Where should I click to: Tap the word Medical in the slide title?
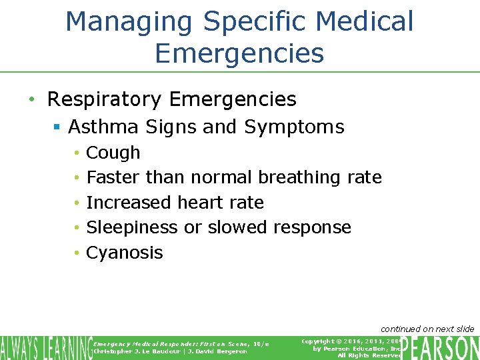pos(365,21)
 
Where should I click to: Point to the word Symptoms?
pos(294,127)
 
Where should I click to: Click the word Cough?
pos(113,153)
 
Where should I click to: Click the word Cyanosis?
pos(125,253)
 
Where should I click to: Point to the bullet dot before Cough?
pos(77,153)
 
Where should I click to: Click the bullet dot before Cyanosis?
pos(77,253)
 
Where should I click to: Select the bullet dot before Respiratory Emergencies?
pos(31,100)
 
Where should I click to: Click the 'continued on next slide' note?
pos(427,329)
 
